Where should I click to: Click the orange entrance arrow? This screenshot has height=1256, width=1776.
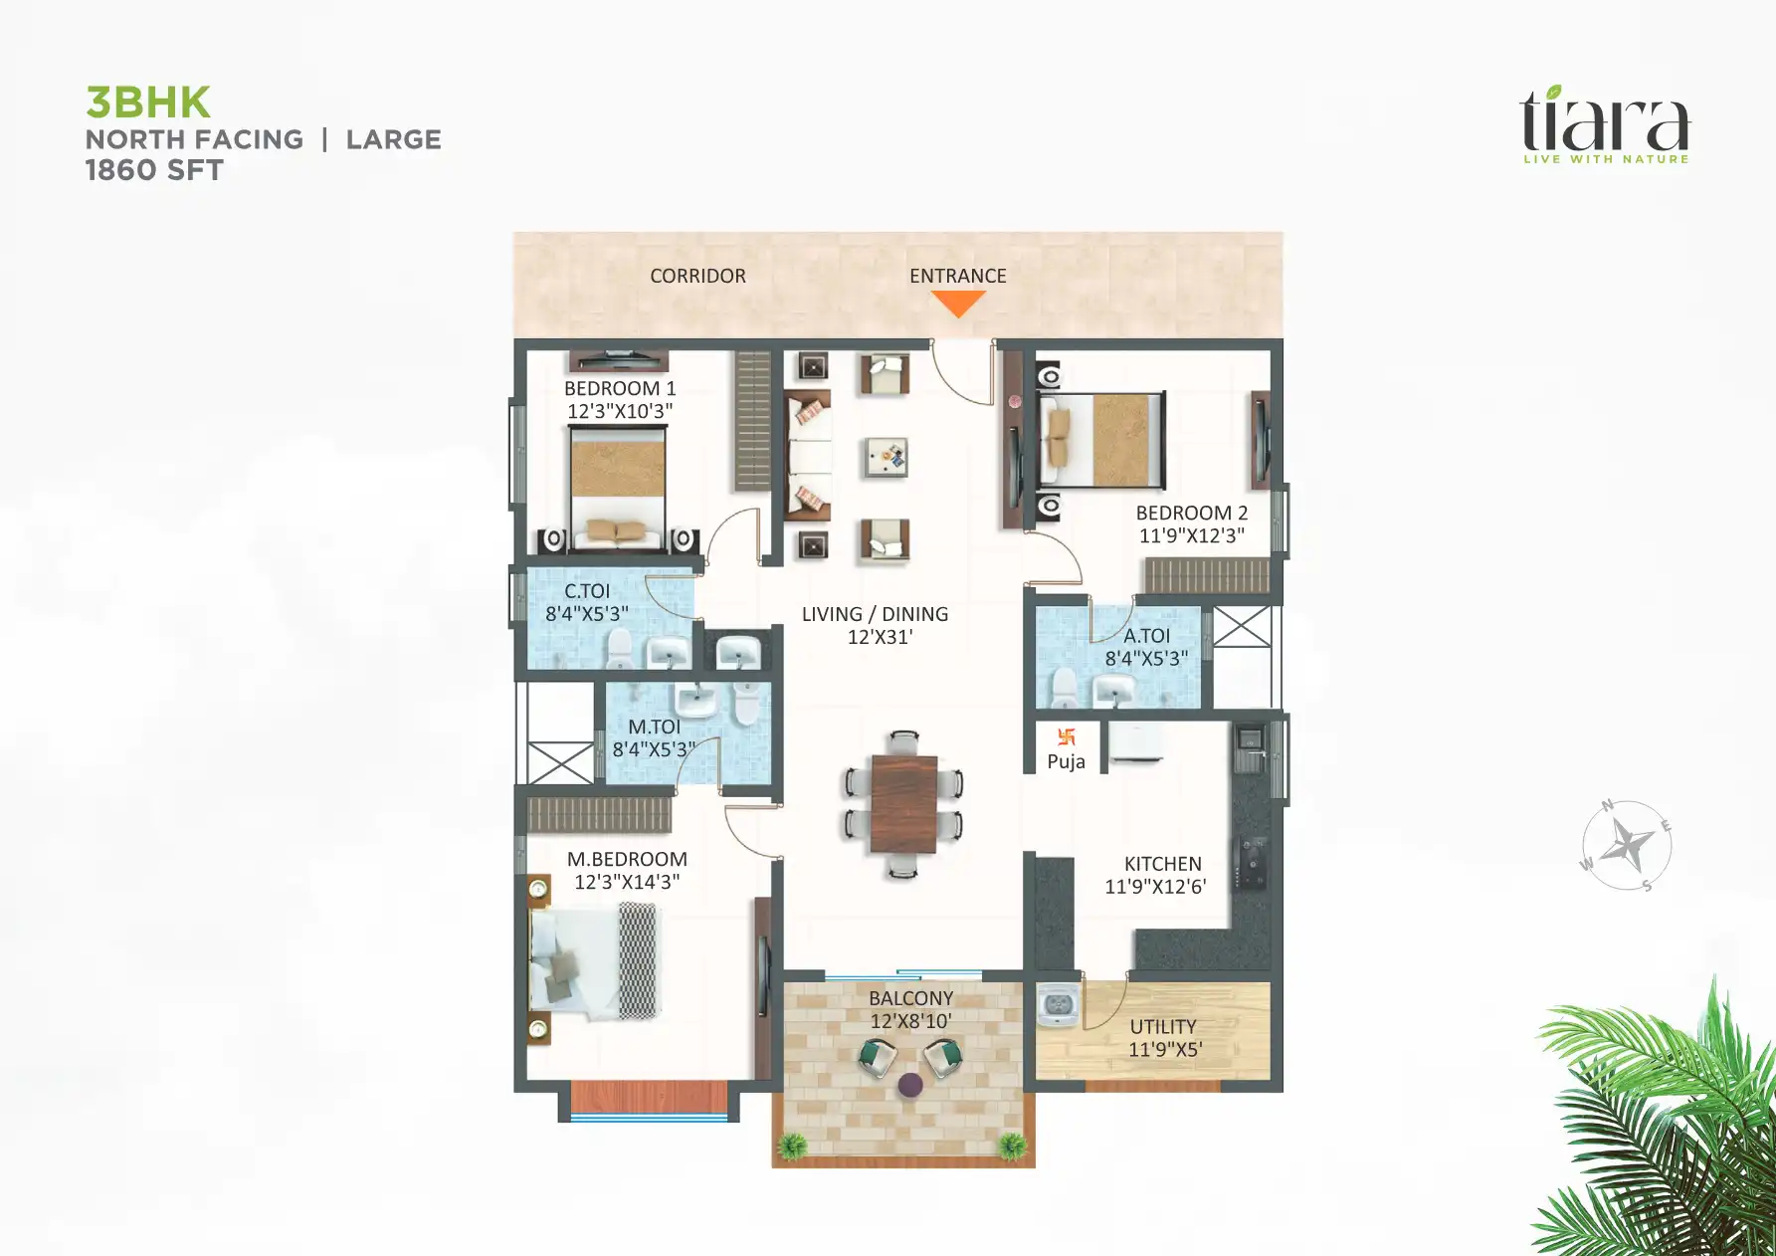click(958, 303)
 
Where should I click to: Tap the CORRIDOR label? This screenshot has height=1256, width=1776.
click(697, 276)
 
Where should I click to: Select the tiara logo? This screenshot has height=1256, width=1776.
click(1604, 125)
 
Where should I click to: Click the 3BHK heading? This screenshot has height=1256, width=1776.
click(148, 103)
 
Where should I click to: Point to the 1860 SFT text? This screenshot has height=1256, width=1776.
click(154, 170)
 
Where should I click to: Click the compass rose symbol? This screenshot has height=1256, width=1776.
click(1627, 846)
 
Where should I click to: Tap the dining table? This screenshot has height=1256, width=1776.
click(903, 803)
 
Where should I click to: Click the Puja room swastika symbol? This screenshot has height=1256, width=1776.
click(1067, 737)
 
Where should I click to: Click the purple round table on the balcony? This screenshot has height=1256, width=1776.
click(909, 1084)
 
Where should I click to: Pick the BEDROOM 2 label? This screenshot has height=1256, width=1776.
click(1191, 513)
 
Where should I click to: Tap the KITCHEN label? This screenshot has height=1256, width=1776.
click(1162, 864)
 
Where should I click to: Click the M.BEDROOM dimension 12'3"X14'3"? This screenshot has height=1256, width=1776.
click(627, 882)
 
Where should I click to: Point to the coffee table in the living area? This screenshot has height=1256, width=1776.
click(886, 457)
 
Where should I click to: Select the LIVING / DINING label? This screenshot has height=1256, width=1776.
click(875, 614)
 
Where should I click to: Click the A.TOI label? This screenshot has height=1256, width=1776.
click(1146, 635)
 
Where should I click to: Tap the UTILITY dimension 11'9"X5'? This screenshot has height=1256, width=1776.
click(1165, 1049)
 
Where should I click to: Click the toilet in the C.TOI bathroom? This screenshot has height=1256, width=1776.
click(619, 648)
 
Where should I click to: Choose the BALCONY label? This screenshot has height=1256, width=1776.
click(910, 998)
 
